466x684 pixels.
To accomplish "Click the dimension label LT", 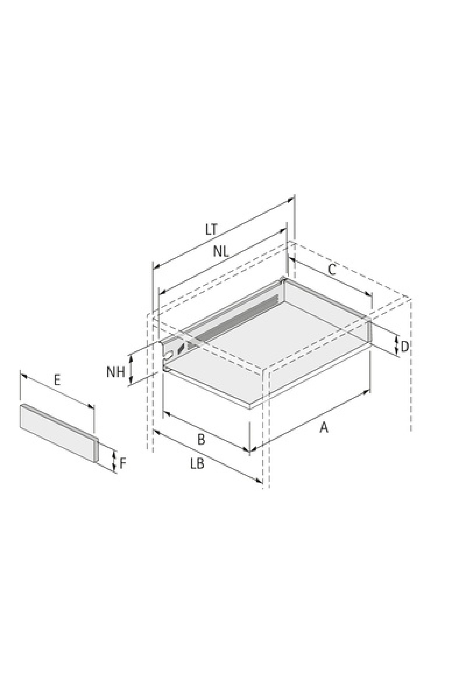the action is pos(211,229).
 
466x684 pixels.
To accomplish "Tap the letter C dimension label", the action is pos(331,270).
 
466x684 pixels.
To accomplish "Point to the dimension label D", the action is pos(404,347).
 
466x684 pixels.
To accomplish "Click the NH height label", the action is pos(116,372).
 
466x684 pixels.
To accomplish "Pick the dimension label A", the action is pos(324,428).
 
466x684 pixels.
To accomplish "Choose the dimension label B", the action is pos(201,440).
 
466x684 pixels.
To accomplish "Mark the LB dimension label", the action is pos(197,464).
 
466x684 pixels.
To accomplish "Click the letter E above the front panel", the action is pos(57,380).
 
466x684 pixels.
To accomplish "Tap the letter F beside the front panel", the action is pos(123,463).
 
